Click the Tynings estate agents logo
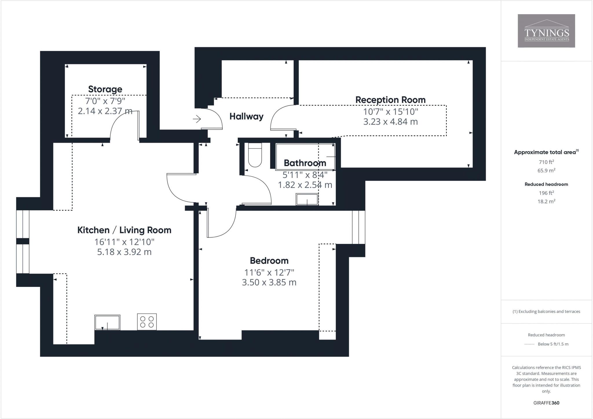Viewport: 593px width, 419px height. (546, 31)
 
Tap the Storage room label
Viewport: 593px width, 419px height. (105, 89)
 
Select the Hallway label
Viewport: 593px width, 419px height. (246, 116)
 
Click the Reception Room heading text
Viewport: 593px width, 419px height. (390, 100)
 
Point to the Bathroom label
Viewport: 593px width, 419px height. (305, 163)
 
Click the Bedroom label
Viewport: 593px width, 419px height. (269, 260)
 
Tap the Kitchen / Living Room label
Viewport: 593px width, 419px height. (124, 230)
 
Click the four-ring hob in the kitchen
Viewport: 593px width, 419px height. (147, 322)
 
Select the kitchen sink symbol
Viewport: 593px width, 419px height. (107, 323)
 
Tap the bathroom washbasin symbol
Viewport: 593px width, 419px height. (307, 200)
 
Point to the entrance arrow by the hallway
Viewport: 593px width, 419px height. (197, 119)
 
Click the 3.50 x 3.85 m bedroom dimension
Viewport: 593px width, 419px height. (269, 282)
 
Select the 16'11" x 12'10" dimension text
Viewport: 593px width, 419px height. (124, 242)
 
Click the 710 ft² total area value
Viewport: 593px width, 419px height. (546, 162)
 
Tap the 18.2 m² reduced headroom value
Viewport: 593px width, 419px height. (546, 201)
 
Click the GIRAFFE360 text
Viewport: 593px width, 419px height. (546, 403)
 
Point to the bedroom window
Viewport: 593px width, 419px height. (358, 227)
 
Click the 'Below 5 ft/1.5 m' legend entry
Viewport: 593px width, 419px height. (553, 344)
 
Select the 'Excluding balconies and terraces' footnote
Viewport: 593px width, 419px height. (546, 311)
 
